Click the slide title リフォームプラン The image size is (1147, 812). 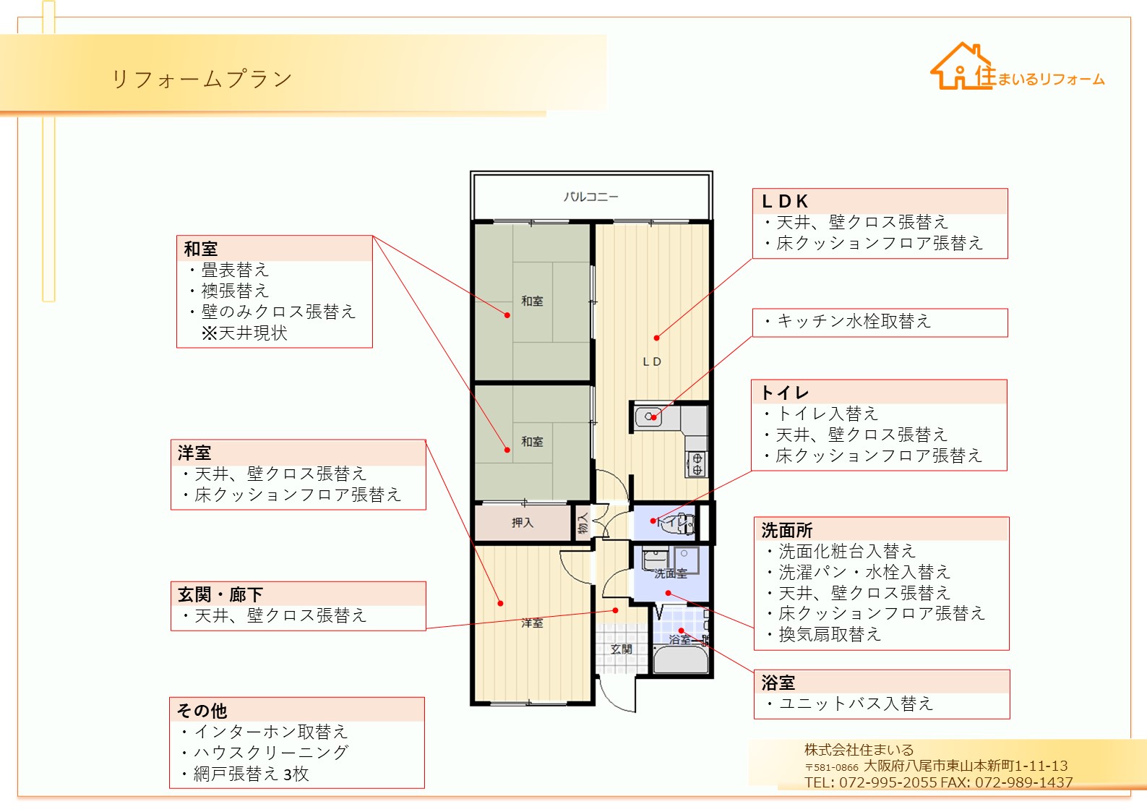(202, 80)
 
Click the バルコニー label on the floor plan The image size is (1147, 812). (591, 197)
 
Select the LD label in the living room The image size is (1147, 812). (652, 362)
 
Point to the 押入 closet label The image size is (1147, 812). (523, 523)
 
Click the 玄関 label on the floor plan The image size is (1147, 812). (621, 649)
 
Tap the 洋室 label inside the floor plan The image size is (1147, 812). (532, 623)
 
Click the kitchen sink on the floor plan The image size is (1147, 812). (648, 417)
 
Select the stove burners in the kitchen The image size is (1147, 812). (697, 463)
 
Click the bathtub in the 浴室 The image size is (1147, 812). (681, 659)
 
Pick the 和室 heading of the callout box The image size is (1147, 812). (201, 249)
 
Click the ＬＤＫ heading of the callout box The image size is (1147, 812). (785, 201)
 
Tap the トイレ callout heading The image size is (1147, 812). (785, 393)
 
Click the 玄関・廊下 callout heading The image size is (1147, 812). (220, 595)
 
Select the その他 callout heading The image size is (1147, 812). (202, 711)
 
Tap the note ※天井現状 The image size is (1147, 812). (244, 333)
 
